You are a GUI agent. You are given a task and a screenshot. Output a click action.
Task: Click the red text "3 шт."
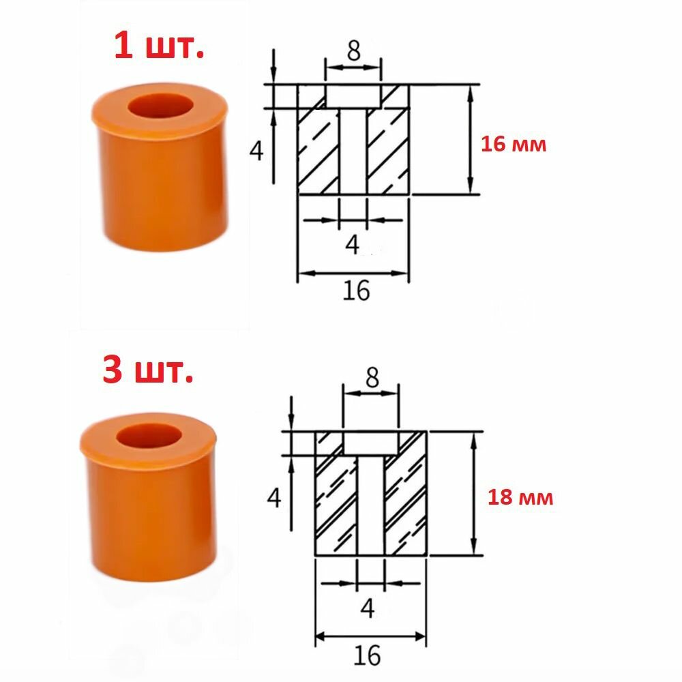[x=148, y=370]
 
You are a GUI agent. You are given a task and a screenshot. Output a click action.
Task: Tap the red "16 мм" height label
[x=514, y=144]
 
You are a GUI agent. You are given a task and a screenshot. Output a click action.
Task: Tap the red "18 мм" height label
[x=520, y=497]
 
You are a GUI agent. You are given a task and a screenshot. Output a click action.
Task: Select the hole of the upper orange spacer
[x=160, y=105]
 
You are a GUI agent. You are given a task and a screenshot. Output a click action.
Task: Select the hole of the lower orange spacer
[x=149, y=435]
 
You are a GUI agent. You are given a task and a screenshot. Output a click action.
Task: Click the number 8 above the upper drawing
[x=353, y=51]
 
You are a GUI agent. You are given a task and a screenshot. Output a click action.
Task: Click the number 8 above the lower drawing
[x=372, y=378]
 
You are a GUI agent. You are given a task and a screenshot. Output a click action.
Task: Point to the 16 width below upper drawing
[x=356, y=291]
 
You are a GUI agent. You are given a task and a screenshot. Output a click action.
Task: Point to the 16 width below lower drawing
[x=367, y=655]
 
